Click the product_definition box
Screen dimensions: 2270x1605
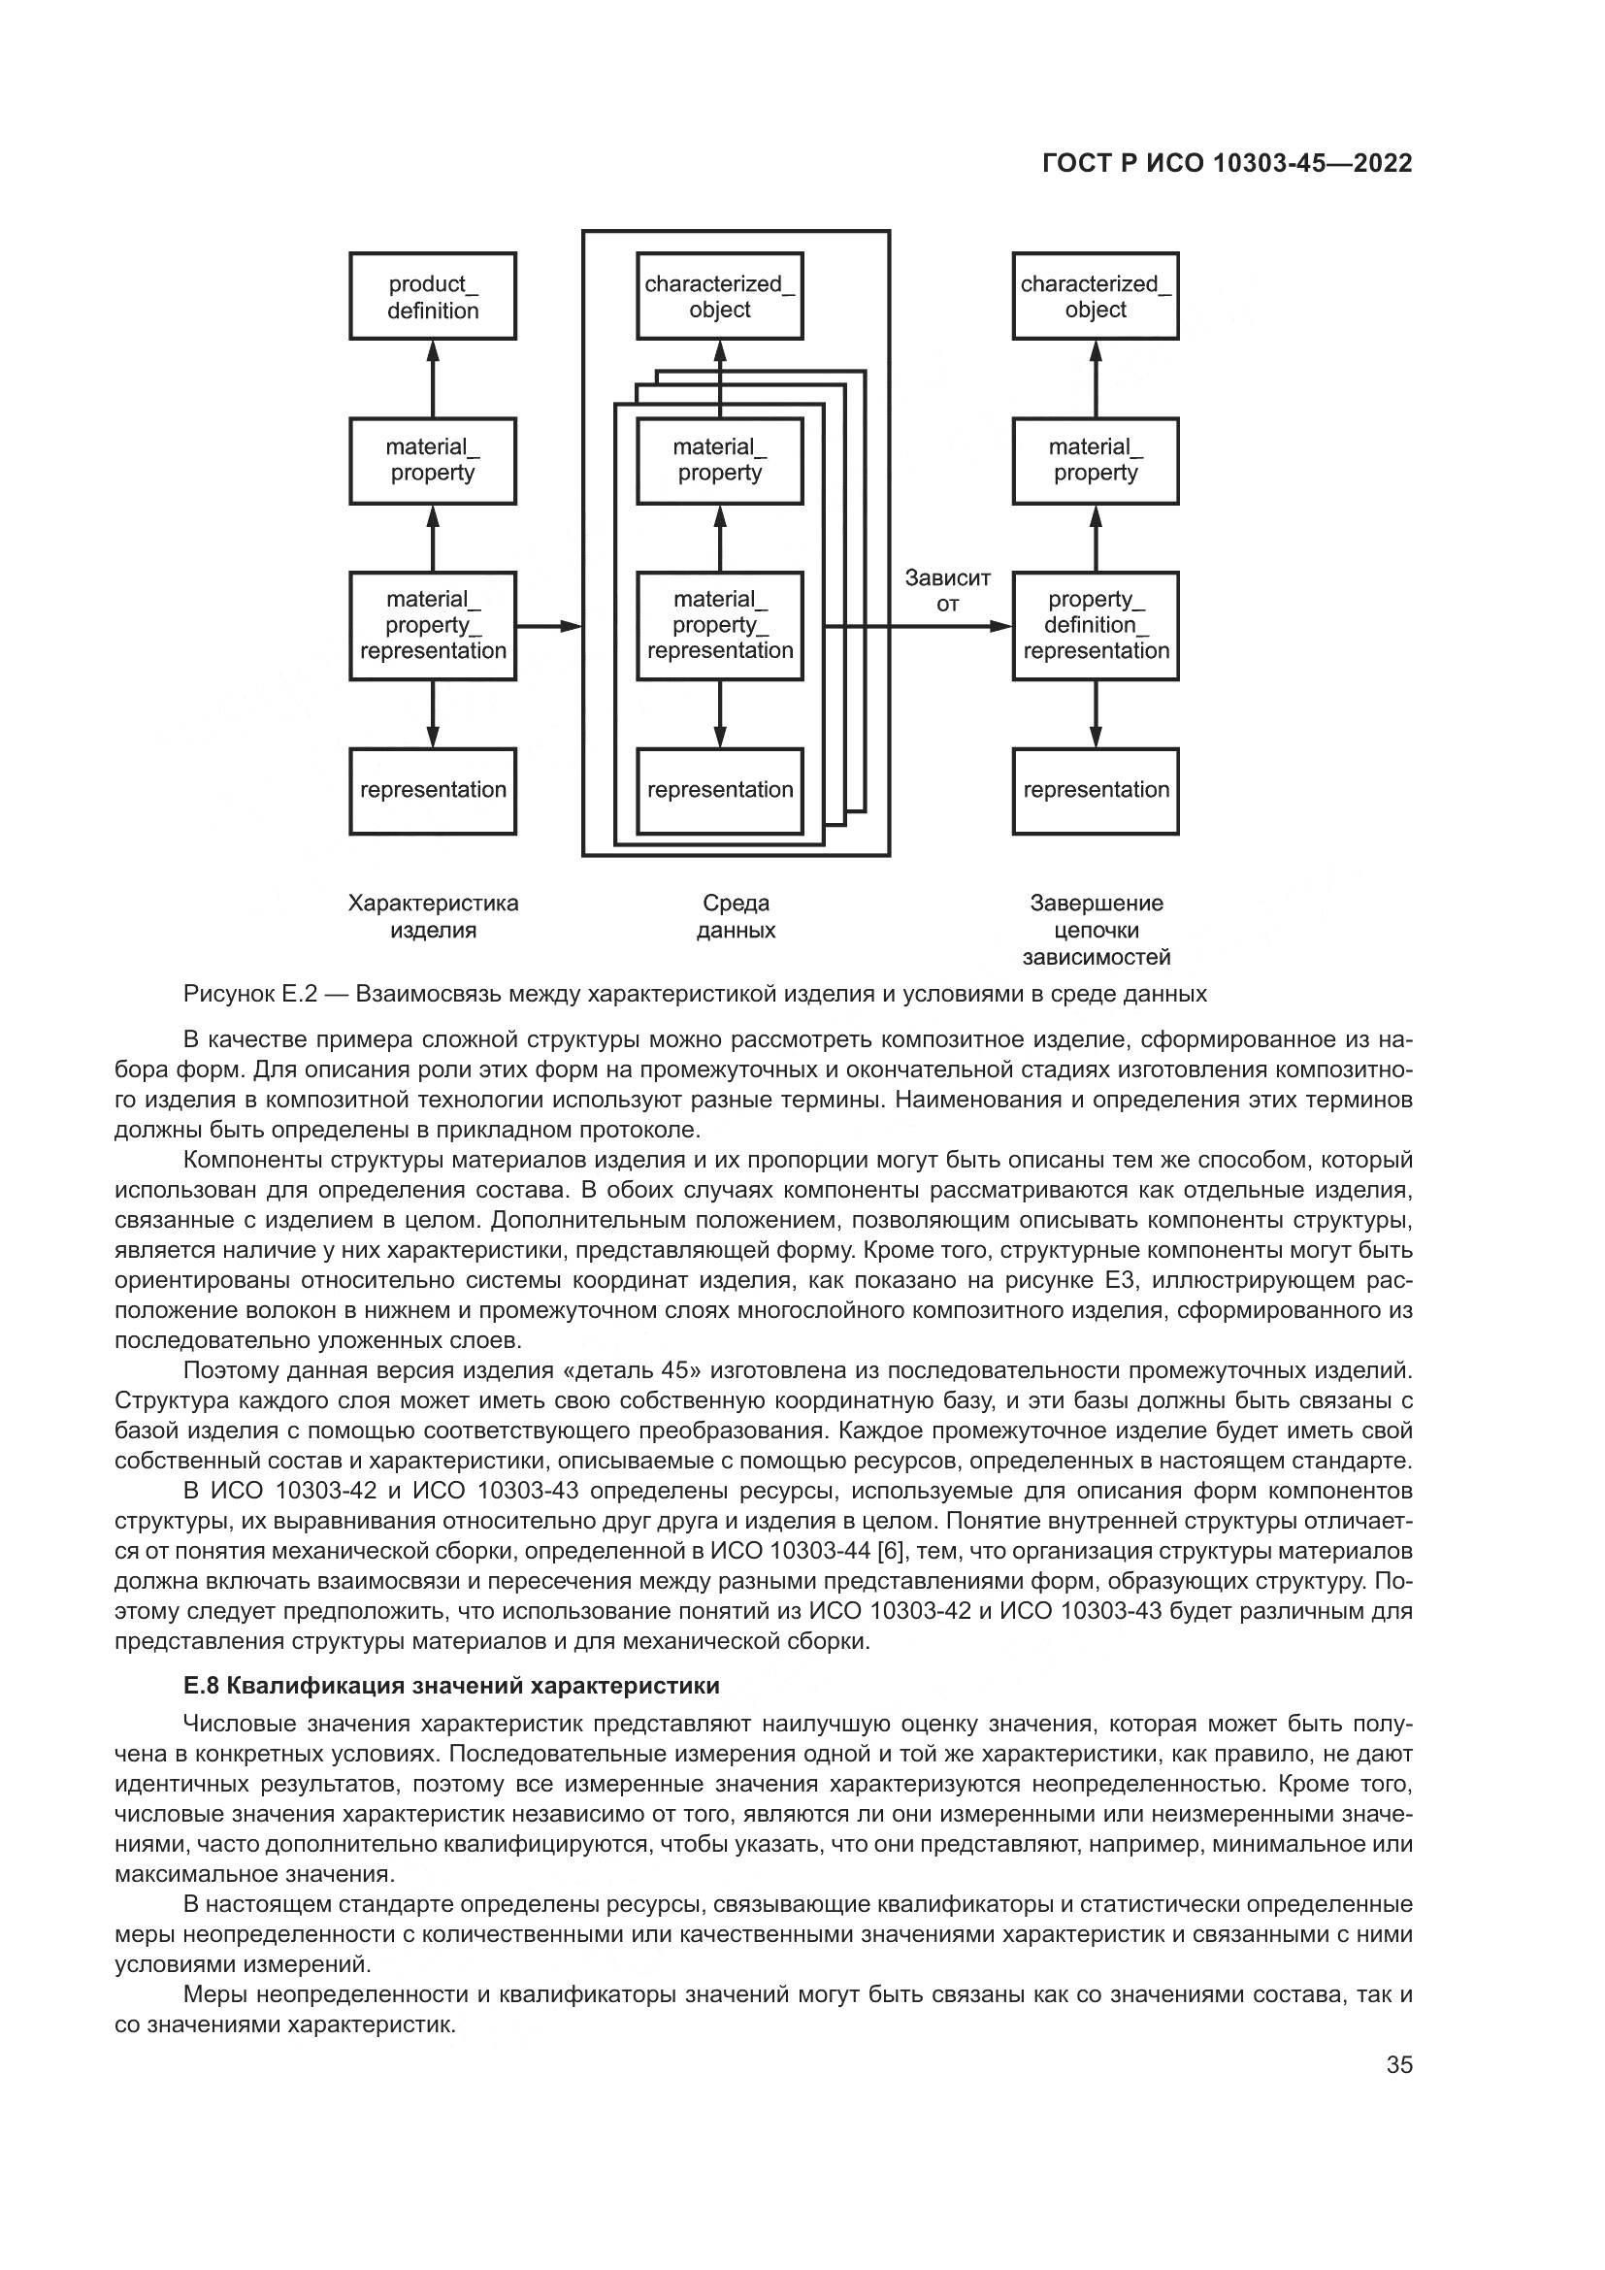pyautogui.click(x=432, y=296)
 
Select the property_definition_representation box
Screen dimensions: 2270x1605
pyautogui.click(x=1095, y=625)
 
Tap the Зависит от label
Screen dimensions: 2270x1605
pyautogui.click(x=947, y=590)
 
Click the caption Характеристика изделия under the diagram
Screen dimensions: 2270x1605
pyautogui.click(x=433, y=915)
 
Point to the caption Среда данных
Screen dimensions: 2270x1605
pyautogui.click(x=736, y=915)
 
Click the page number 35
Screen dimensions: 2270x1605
pyautogui.click(x=1399, y=2064)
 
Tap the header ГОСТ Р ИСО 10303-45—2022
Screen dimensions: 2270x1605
pyautogui.click(x=1227, y=164)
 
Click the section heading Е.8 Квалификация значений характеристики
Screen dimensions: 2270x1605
pyautogui.click(x=451, y=1685)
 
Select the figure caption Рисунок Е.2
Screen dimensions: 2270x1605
pyautogui.click(x=695, y=994)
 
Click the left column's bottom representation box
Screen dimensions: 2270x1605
pyautogui.click(x=432, y=791)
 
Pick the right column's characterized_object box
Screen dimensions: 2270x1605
pyautogui.click(x=1095, y=296)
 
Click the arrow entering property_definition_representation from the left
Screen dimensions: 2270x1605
pyautogui.click(x=968, y=626)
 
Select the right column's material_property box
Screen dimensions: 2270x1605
pyautogui.click(x=1095, y=461)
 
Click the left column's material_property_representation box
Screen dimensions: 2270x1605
pyautogui.click(x=432, y=625)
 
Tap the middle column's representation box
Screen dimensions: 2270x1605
pyautogui.click(x=719, y=791)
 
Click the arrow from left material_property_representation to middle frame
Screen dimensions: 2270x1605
pyautogui.click(x=548, y=626)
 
